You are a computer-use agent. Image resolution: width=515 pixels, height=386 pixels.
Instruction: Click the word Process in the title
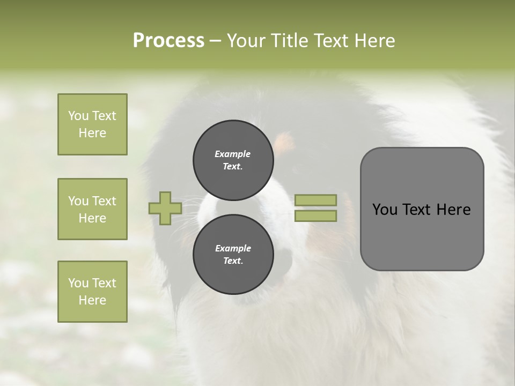point(168,41)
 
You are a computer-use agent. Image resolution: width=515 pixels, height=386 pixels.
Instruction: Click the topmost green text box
point(92,124)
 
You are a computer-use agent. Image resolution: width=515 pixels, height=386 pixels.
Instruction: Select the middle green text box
point(92,209)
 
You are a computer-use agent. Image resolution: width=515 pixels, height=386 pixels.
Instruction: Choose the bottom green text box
point(92,292)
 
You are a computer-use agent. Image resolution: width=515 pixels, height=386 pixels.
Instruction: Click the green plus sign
point(165,209)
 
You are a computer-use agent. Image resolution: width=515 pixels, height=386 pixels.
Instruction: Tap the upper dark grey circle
point(233,160)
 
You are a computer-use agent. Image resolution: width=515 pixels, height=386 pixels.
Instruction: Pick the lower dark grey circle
point(233,255)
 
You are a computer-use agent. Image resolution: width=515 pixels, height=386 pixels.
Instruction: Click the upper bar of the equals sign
point(315,200)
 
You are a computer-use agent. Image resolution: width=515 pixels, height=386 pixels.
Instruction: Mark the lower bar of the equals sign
point(315,216)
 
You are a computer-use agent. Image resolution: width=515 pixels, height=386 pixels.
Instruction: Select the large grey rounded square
point(422,209)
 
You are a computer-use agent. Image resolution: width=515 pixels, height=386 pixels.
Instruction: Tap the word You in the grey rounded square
point(385,210)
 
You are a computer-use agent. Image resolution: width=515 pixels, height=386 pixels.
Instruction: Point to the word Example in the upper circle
point(233,154)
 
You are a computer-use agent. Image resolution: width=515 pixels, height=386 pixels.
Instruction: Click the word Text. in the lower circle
point(233,261)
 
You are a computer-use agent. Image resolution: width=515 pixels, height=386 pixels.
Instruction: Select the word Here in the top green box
point(92,133)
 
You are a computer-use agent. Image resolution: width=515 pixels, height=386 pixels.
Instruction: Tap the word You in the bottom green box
point(78,283)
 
